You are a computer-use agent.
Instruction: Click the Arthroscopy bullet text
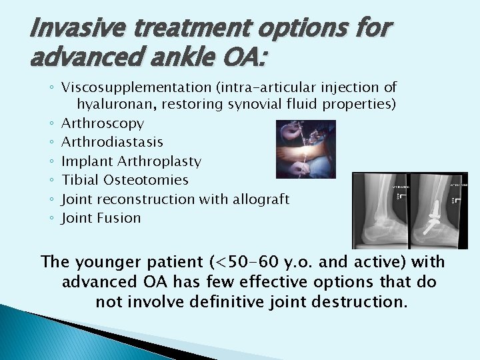click(x=102, y=123)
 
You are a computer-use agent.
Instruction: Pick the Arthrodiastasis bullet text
click(x=112, y=142)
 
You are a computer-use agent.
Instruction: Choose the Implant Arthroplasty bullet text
click(x=131, y=161)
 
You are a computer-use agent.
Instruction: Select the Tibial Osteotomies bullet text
click(x=125, y=180)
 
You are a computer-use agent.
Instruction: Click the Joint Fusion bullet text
click(x=101, y=218)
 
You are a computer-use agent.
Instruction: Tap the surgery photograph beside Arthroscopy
click(x=306, y=149)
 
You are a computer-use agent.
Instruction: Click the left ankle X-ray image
click(x=381, y=210)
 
